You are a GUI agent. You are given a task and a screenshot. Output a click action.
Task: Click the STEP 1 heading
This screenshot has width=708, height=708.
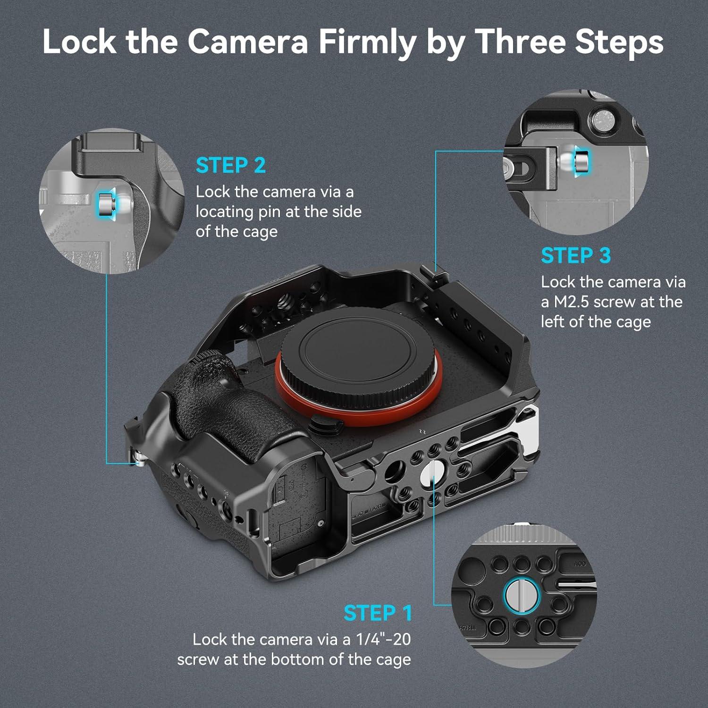pyautogui.click(x=378, y=613)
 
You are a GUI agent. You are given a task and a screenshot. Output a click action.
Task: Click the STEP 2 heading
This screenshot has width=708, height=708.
pyautogui.click(x=231, y=165)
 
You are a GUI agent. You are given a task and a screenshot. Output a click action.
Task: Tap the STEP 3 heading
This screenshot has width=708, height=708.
pyautogui.click(x=576, y=255)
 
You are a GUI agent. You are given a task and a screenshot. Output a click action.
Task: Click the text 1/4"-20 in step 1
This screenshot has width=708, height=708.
pyautogui.click(x=383, y=639)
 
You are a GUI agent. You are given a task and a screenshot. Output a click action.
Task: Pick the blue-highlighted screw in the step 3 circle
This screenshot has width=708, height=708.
pyautogui.click(x=582, y=160)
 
